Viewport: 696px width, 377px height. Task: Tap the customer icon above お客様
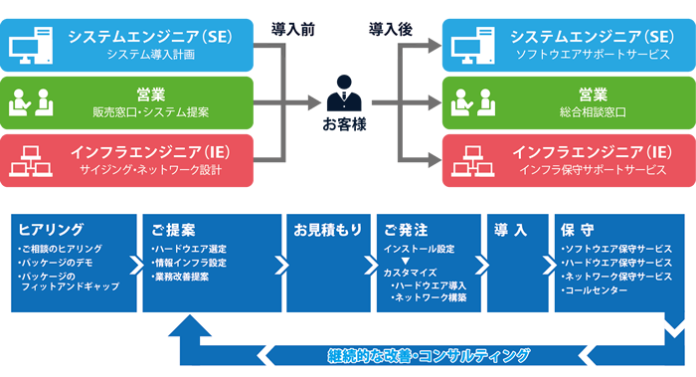click(343, 95)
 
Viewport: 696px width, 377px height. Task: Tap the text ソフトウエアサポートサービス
click(592, 56)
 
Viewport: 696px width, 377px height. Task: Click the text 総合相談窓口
click(592, 112)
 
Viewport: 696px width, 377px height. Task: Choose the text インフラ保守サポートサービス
click(592, 170)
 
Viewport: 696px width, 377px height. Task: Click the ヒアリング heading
click(45, 229)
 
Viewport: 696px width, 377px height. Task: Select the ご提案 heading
click(168, 229)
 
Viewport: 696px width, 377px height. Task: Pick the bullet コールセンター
click(595, 290)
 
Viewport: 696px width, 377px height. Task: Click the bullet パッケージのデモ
click(56, 262)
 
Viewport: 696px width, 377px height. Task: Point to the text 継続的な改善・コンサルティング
click(429, 355)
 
